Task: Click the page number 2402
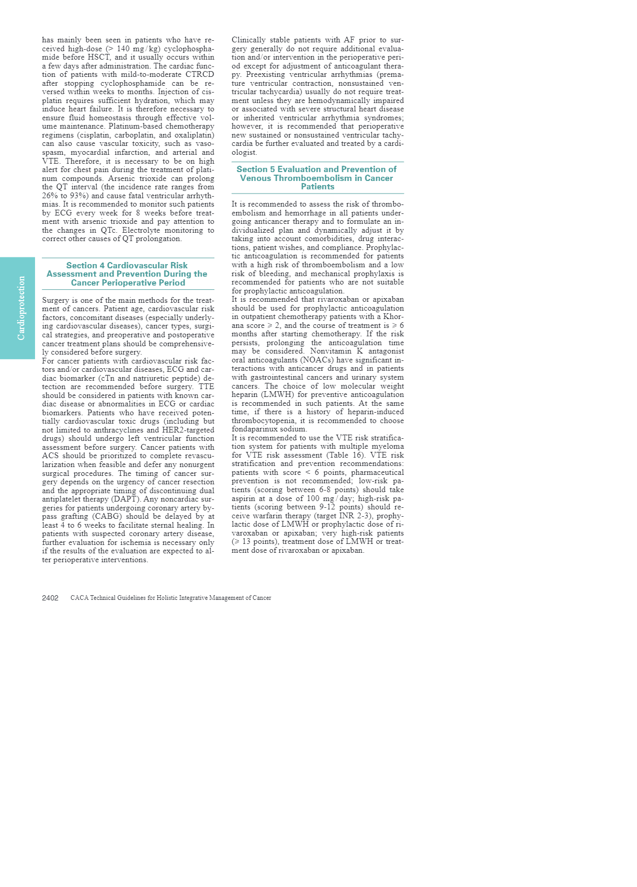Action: coord(50,598)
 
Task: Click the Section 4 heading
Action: coord(127,274)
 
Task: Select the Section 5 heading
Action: coord(316,178)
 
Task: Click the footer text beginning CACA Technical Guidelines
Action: coord(170,598)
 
